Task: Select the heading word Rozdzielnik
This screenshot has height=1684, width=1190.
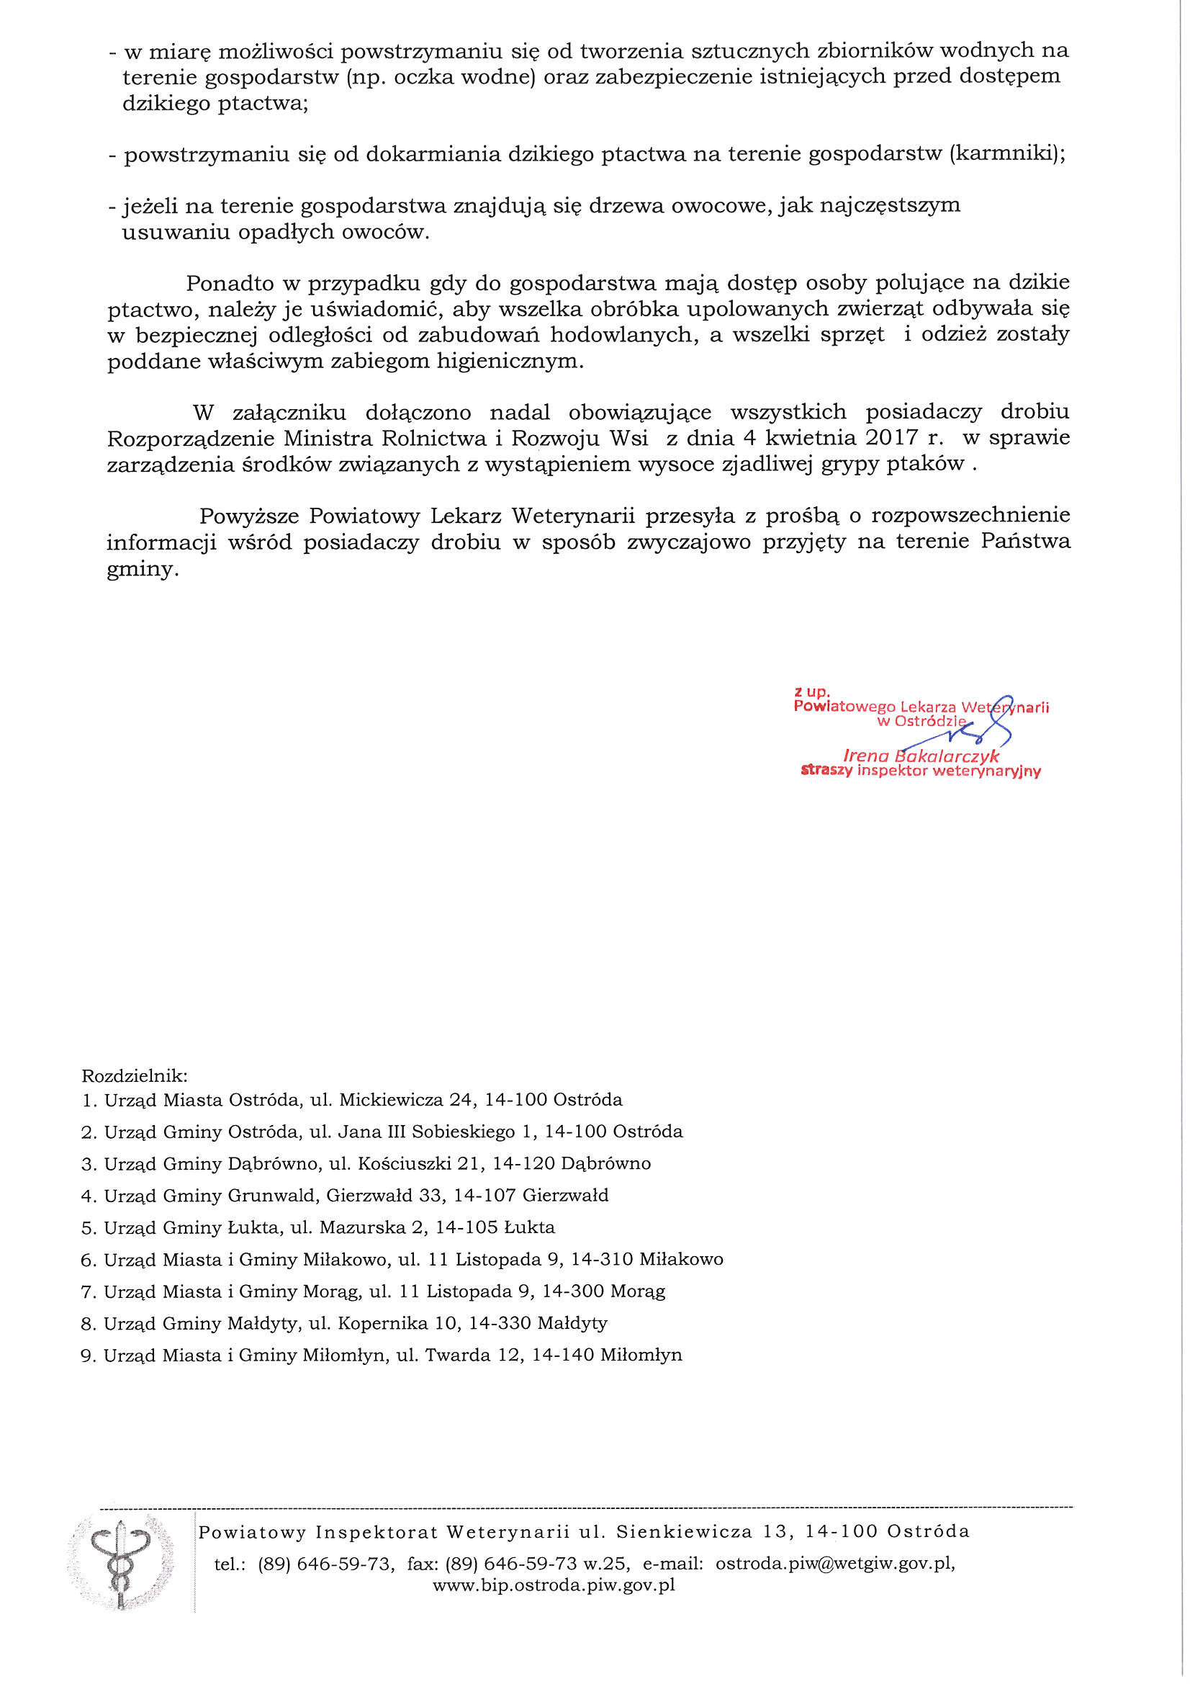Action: [134, 1076]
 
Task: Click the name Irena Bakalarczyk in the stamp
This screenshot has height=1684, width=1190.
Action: [921, 756]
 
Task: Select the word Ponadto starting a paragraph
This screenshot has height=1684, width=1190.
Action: [230, 283]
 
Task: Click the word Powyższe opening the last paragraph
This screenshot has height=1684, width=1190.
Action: [249, 516]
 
